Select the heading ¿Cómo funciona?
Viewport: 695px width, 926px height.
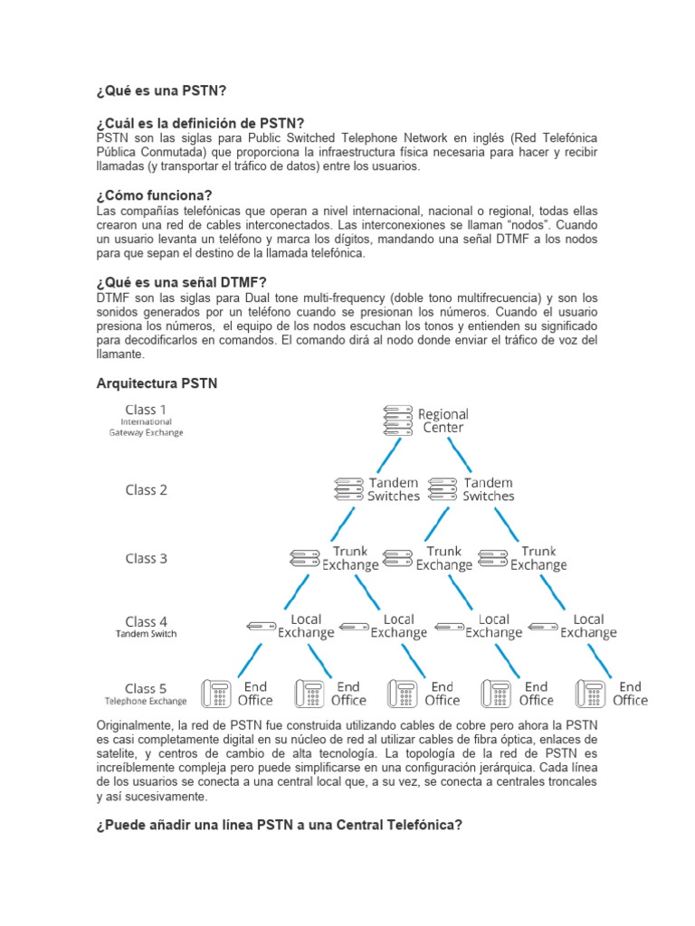click(x=154, y=195)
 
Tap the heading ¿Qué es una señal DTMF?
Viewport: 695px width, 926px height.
click(x=181, y=281)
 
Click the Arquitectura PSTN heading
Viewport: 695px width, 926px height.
click(x=157, y=383)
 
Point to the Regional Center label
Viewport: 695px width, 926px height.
click(x=443, y=420)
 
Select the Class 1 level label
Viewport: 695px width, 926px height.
click(x=146, y=410)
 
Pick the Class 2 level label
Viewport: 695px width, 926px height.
click(x=146, y=489)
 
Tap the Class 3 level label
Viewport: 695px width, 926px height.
click(x=146, y=558)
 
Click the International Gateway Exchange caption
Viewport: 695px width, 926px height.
click(x=146, y=427)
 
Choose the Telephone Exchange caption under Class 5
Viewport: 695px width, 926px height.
click(x=146, y=701)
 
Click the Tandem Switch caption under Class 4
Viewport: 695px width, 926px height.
click(x=146, y=634)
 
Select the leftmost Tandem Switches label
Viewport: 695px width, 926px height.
click(x=394, y=489)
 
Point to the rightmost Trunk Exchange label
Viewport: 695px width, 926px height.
click(x=538, y=558)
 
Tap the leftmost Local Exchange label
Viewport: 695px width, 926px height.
click(x=306, y=626)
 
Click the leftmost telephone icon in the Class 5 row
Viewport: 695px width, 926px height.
click(x=216, y=694)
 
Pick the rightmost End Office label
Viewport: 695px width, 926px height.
click(x=630, y=694)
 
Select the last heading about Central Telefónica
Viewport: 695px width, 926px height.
click(x=280, y=825)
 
